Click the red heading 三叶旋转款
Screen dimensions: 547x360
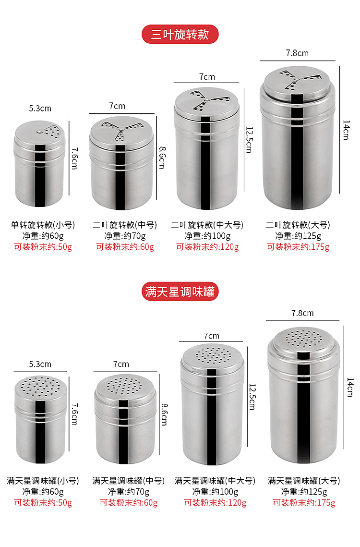pos(180,35)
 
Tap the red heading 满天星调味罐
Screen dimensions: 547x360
pos(180,292)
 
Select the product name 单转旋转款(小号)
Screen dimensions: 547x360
pos(43,225)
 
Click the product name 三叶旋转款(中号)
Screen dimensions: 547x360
pos(124,225)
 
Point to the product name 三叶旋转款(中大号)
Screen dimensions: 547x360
pos(207,225)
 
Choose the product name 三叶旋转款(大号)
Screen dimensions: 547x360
pos(298,225)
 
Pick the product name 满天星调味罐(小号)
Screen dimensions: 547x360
pos(43,481)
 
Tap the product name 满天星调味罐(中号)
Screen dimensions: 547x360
pos(128,481)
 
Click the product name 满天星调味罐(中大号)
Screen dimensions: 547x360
pos(215,481)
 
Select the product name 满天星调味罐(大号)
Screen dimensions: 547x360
pos(304,481)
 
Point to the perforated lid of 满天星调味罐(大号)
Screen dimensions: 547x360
pos(304,339)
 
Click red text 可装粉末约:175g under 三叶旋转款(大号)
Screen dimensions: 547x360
pos(298,247)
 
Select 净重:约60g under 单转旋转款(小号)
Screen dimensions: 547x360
pos(43,236)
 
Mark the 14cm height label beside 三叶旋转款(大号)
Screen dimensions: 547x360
pos(346,130)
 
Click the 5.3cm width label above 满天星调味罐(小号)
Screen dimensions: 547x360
pos(40,365)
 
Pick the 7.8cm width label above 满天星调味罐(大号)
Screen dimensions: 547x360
pos(302,313)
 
